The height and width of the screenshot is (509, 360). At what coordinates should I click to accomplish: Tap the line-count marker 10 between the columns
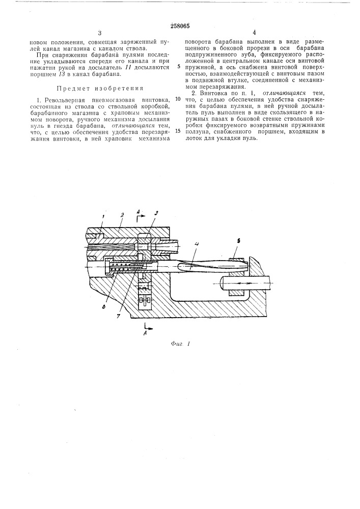(x=178, y=99)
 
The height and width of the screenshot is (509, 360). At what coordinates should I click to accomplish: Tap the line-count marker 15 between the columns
(x=178, y=131)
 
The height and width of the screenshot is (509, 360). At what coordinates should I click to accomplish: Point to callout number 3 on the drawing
(x=156, y=212)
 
